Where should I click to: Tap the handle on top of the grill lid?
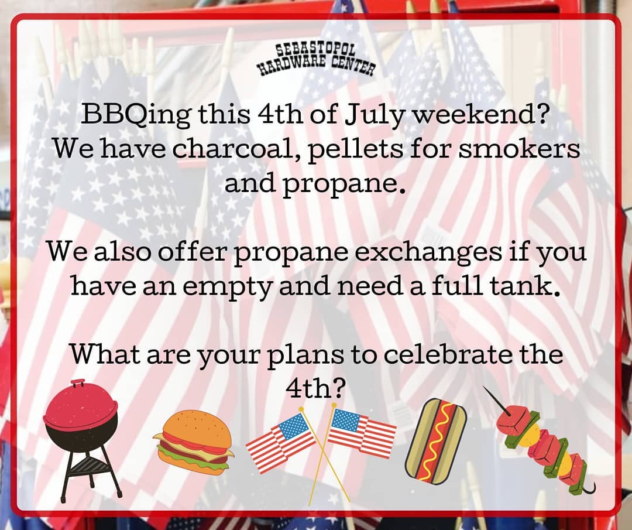tap(78, 382)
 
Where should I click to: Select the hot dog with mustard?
tap(436, 441)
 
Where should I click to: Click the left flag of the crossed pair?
tap(281, 442)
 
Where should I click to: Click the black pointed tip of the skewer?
tap(484, 387)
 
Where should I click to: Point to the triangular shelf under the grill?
tap(90, 466)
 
